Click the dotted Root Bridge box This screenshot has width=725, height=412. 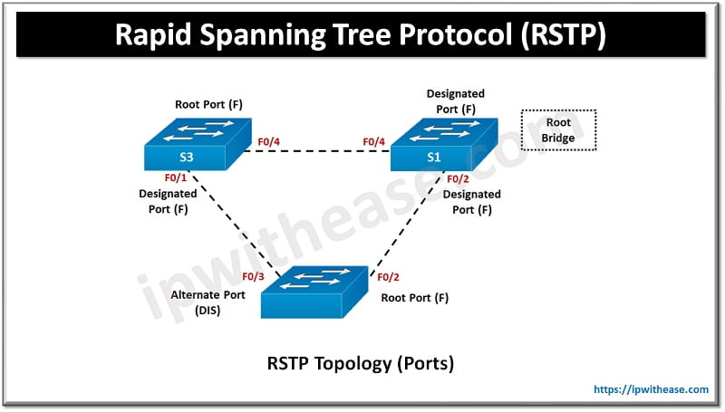pos(559,130)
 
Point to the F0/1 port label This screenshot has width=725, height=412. pos(176,178)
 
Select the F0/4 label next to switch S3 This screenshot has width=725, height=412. pos(270,141)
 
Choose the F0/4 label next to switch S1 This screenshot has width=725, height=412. pos(374,141)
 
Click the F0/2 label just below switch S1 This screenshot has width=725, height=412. pos(457,178)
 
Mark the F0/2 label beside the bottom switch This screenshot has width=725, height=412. pos(388,277)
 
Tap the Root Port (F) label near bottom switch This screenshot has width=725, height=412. pos(414,297)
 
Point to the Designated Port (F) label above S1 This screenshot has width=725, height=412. pos(456,101)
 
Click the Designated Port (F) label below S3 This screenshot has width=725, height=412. pos(168,201)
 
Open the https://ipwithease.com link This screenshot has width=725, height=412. pos(651,389)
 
